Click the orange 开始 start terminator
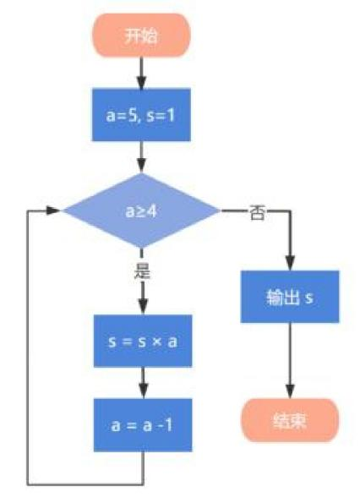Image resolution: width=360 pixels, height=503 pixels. (x=141, y=36)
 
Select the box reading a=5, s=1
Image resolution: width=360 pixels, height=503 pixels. (x=141, y=114)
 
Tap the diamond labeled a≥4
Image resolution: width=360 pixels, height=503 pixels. (x=141, y=210)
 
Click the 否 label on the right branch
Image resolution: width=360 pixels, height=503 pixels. (x=257, y=212)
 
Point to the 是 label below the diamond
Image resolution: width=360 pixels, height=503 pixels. (x=142, y=272)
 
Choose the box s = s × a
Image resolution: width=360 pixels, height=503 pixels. (x=143, y=341)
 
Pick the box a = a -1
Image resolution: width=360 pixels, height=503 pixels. (x=143, y=425)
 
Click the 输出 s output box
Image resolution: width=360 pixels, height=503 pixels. (x=290, y=297)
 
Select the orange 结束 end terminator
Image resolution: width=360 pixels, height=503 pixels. (x=290, y=420)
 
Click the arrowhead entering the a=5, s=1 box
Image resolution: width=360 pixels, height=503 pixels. (x=141, y=83)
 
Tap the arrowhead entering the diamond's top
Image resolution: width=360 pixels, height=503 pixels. (x=142, y=167)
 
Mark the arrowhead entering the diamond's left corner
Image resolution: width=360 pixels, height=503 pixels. (x=53, y=210)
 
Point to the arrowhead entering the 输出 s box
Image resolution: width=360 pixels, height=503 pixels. (x=290, y=264)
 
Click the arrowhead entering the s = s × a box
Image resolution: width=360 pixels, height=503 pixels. (x=143, y=308)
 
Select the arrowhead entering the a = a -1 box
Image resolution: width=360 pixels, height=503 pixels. (x=143, y=392)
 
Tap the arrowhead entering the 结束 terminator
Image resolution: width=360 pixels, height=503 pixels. (x=290, y=392)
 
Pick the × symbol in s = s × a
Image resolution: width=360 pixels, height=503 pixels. (x=156, y=342)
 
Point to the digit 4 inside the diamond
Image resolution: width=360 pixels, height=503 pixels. (x=151, y=211)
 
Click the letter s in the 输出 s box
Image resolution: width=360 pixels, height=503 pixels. (x=308, y=298)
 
